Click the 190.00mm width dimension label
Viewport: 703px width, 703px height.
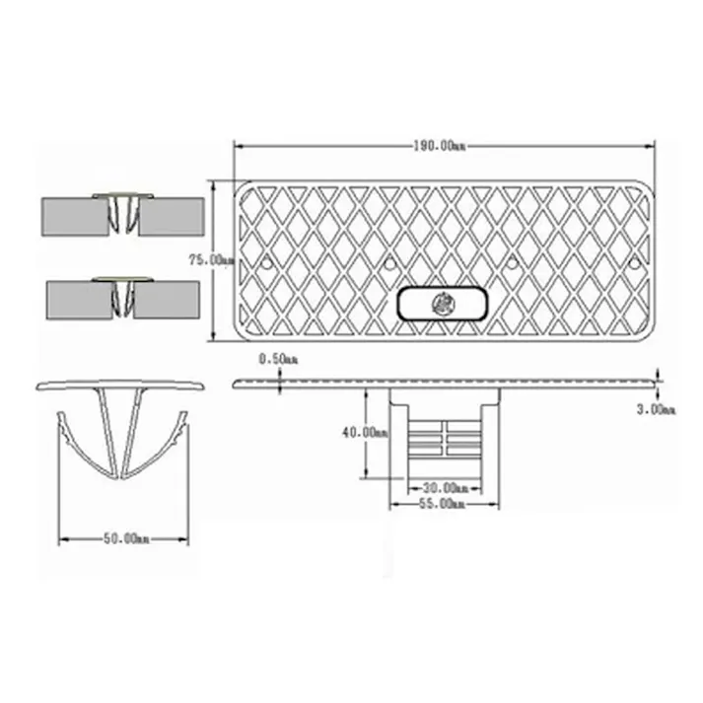[440, 146]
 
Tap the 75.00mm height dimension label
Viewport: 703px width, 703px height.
[212, 260]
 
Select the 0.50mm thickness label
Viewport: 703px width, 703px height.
[278, 359]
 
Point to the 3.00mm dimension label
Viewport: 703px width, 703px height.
[657, 409]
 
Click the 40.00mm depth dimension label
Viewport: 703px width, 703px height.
[365, 433]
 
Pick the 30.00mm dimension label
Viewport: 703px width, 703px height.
[446, 487]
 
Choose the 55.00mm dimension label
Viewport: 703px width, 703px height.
[442, 504]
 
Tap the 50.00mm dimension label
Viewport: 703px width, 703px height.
[126, 538]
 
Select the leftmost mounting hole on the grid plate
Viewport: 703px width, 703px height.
[267, 262]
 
